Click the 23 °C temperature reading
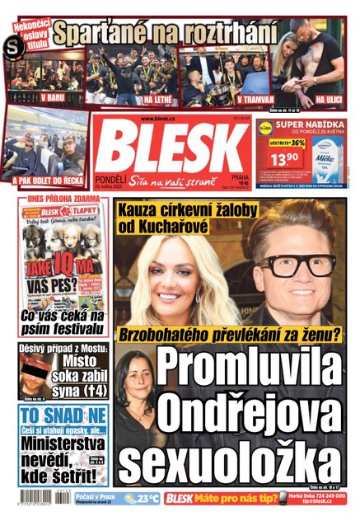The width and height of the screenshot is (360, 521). [148, 498]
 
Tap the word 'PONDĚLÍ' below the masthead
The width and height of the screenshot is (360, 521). [109, 186]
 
